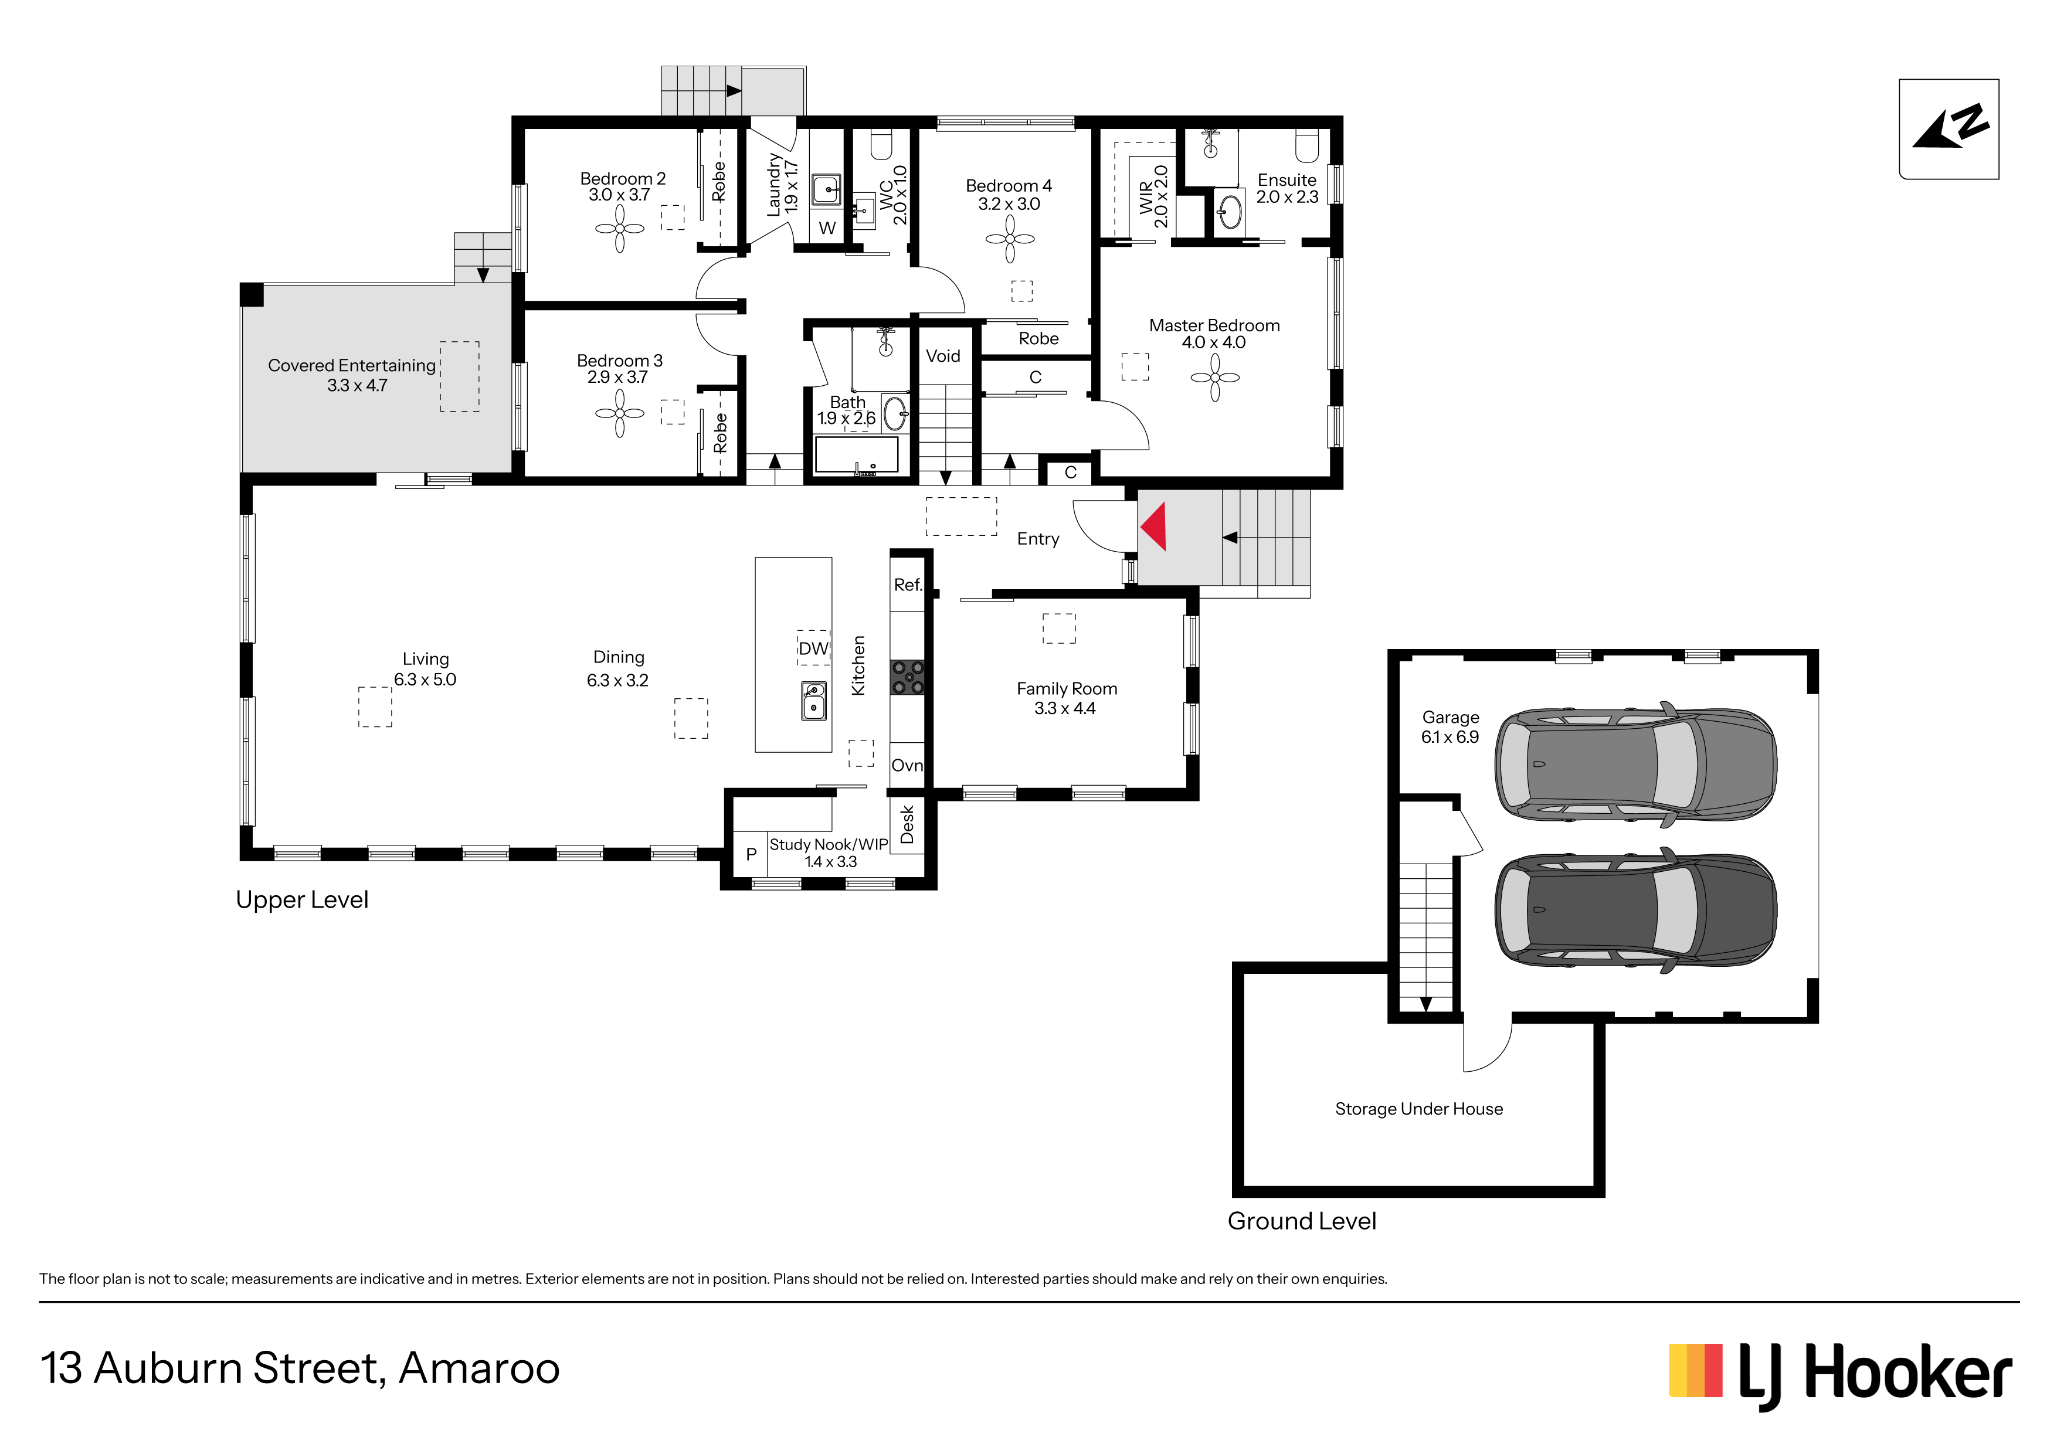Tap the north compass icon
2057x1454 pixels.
[1949, 129]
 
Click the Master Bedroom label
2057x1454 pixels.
[1214, 325]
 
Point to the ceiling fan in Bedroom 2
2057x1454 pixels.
[619, 229]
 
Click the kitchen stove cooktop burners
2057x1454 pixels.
[907, 677]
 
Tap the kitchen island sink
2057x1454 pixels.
[813, 701]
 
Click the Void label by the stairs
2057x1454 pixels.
[942, 356]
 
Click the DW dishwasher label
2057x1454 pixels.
[813, 648]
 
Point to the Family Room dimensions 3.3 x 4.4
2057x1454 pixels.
[1064, 708]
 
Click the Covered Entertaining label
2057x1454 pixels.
[351, 365]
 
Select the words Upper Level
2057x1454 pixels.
[302, 899]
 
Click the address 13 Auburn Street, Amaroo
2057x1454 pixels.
[300, 1368]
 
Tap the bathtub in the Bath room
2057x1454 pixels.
[857, 455]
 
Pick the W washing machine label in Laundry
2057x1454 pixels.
[827, 229]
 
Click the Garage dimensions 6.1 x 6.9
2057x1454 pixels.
[1450, 736]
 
